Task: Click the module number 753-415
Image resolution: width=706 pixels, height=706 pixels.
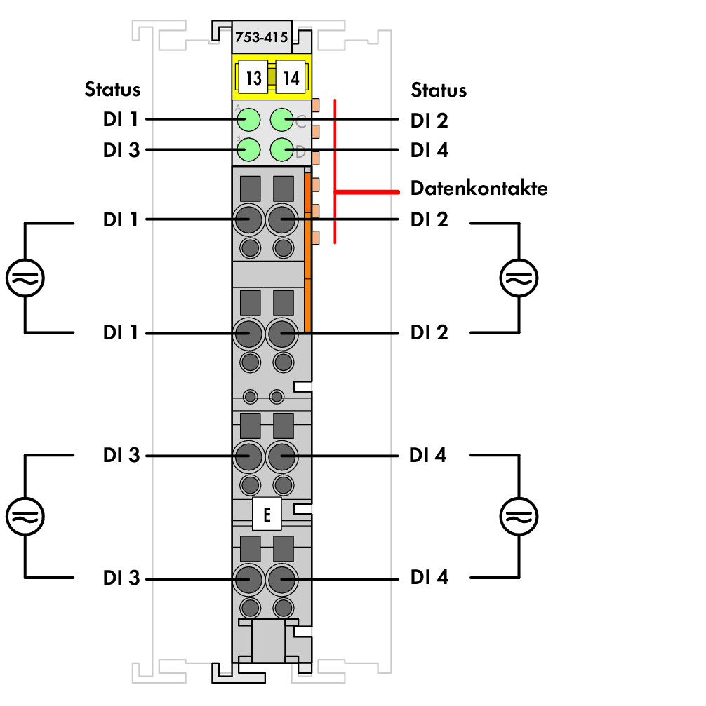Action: [261, 37]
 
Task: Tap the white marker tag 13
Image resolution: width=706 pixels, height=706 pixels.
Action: [253, 77]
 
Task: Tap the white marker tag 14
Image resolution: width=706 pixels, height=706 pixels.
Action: [291, 77]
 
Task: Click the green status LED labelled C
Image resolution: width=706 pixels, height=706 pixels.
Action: [282, 120]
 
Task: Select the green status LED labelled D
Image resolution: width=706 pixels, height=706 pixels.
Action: [282, 149]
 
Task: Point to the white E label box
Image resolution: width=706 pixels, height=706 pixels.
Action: [267, 514]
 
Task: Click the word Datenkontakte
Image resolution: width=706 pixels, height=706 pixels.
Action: [479, 188]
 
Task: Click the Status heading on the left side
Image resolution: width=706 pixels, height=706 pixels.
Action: [112, 89]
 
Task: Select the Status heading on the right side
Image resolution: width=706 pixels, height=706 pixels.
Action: [439, 90]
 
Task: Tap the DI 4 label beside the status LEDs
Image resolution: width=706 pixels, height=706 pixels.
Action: [429, 150]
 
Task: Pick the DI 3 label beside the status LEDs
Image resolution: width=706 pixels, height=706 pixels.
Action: [121, 150]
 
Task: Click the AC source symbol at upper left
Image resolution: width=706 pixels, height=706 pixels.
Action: [25, 278]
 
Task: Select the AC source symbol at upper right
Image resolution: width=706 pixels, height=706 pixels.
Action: [519, 278]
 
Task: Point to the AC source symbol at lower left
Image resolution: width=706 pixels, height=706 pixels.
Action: [25, 516]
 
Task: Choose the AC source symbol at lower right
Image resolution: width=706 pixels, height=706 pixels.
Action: [519, 516]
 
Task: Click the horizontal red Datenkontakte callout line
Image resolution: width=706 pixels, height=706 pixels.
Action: [367, 192]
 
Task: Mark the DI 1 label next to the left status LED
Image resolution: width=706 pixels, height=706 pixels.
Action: [120, 119]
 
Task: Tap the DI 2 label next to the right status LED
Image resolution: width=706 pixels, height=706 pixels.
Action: [429, 121]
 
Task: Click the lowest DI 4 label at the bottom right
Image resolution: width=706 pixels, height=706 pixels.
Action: [429, 577]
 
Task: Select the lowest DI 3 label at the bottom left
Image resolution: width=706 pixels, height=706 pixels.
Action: [121, 578]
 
